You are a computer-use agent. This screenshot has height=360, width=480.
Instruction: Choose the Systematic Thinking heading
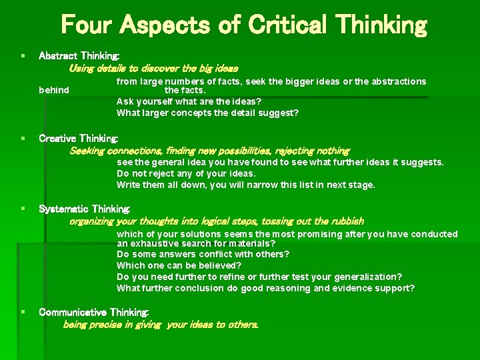click(x=85, y=209)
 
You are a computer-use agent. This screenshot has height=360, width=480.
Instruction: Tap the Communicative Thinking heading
click(x=94, y=312)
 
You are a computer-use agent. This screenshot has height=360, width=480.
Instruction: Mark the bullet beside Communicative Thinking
click(x=24, y=312)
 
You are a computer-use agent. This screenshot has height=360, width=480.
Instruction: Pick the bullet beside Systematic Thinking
click(x=24, y=209)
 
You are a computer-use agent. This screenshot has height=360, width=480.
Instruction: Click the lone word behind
click(x=54, y=90)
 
